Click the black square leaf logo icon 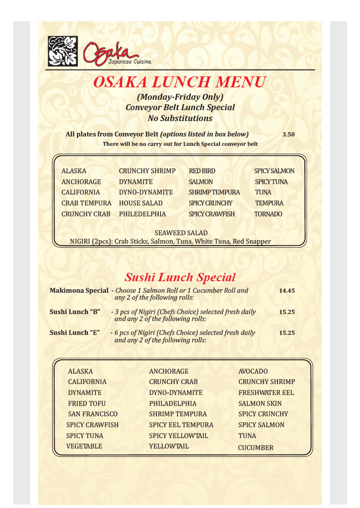click(63, 51)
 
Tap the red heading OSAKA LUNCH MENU click(180, 82)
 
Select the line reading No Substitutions click(180, 118)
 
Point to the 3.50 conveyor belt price click(288, 134)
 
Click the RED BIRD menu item click(202, 171)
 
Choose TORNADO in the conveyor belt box click(268, 214)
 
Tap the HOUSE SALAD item click(141, 203)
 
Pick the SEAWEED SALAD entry click(181, 233)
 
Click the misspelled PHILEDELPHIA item click(143, 214)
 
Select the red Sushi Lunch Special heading click(180, 277)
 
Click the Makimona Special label click(79, 291)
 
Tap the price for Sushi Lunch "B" click(287, 313)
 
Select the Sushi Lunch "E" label click(75, 333)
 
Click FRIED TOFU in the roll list click(87, 403)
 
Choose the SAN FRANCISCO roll click(93, 414)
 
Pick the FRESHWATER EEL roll click(266, 392)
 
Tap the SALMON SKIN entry click(260, 403)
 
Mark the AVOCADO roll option click(253, 371)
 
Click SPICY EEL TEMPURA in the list click(181, 425)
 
